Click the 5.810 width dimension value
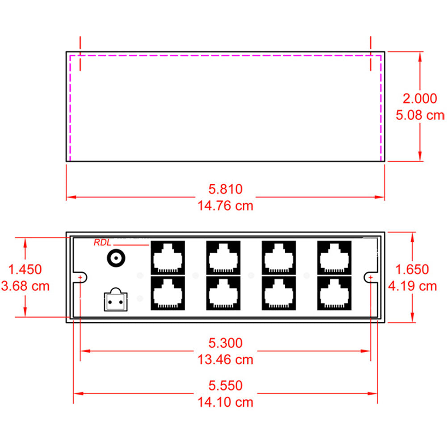[x=225, y=190]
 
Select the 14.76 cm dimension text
[x=225, y=206]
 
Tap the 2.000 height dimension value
[x=420, y=98]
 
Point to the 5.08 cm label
[x=420, y=115]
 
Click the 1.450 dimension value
[x=25, y=269]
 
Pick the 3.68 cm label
[x=25, y=286]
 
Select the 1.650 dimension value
[x=412, y=269]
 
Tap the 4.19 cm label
[x=412, y=286]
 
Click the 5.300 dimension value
[x=225, y=343]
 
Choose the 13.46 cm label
[x=225, y=359]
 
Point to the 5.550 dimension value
[x=225, y=385]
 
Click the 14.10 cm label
[x=225, y=402]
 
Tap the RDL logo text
[x=102, y=243]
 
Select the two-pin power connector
[x=115, y=301]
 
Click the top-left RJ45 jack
[x=168, y=258]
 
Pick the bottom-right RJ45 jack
[x=334, y=293]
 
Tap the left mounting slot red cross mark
[x=80, y=278]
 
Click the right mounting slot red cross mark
[x=371, y=278]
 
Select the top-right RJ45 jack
[x=334, y=258]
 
